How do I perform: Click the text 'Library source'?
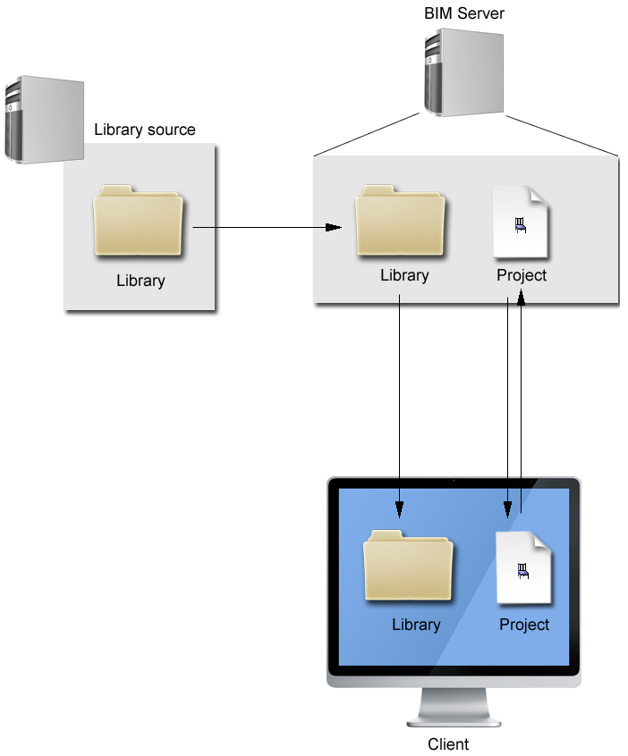click(x=144, y=130)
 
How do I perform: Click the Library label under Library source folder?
click(x=140, y=281)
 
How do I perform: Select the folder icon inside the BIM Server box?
click(x=400, y=221)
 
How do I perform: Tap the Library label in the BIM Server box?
click(x=404, y=275)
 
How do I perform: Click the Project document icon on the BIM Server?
click(x=521, y=223)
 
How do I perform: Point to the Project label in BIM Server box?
click(x=522, y=275)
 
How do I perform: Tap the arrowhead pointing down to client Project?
click(x=508, y=508)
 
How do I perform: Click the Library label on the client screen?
click(x=416, y=625)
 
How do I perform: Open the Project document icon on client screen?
click(x=524, y=567)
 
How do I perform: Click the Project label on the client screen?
click(x=524, y=625)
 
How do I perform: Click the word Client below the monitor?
click(x=448, y=743)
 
